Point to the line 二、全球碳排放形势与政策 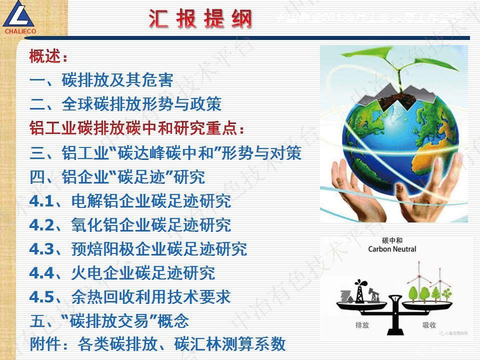[x=125, y=104]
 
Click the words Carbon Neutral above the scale [x=392, y=249]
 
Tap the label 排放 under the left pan [x=362, y=325]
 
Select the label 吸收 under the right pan [x=429, y=325]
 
